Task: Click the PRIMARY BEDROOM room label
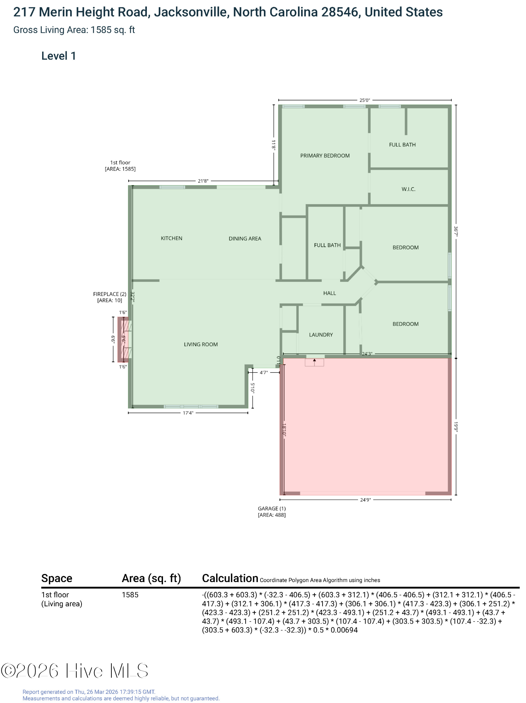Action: pos(325,156)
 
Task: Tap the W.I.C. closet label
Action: pos(408,189)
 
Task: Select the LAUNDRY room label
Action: pos(321,335)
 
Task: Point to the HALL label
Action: pos(330,293)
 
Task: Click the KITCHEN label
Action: pos(171,238)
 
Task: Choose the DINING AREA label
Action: pos(245,239)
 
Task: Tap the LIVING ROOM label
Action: pos(201,344)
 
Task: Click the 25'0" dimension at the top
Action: pos(365,100)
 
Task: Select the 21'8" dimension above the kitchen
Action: pos(203,181)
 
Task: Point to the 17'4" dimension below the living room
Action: pos(188,413)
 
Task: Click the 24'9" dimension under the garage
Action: pos(365,500)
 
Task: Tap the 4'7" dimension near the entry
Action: pos(264,372)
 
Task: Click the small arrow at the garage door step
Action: pos(314,360)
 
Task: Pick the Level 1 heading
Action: pos(58,56)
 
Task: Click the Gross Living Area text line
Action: pos(74,30)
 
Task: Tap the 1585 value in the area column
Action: pos(130,595)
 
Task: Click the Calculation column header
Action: pos(230,578)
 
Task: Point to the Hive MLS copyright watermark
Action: pos(74,671)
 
